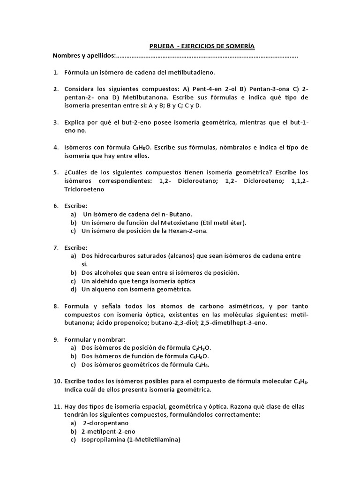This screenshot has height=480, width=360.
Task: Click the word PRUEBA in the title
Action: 161,46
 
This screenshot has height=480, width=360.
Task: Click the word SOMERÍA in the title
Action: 240,46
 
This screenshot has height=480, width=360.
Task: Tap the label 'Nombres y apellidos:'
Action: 84,56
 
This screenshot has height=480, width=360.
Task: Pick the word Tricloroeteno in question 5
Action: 84,189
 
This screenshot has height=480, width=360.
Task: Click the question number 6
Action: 55,205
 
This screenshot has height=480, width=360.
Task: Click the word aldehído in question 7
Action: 110,281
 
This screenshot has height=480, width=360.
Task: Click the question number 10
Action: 56,381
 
